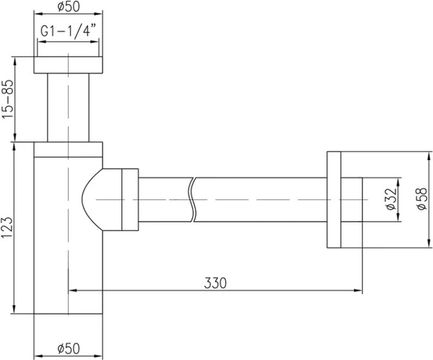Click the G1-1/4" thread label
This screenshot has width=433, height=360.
69,32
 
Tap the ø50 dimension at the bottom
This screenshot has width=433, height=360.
69,349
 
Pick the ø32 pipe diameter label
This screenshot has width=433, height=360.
390,198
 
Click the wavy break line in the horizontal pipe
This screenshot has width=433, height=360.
193,199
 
